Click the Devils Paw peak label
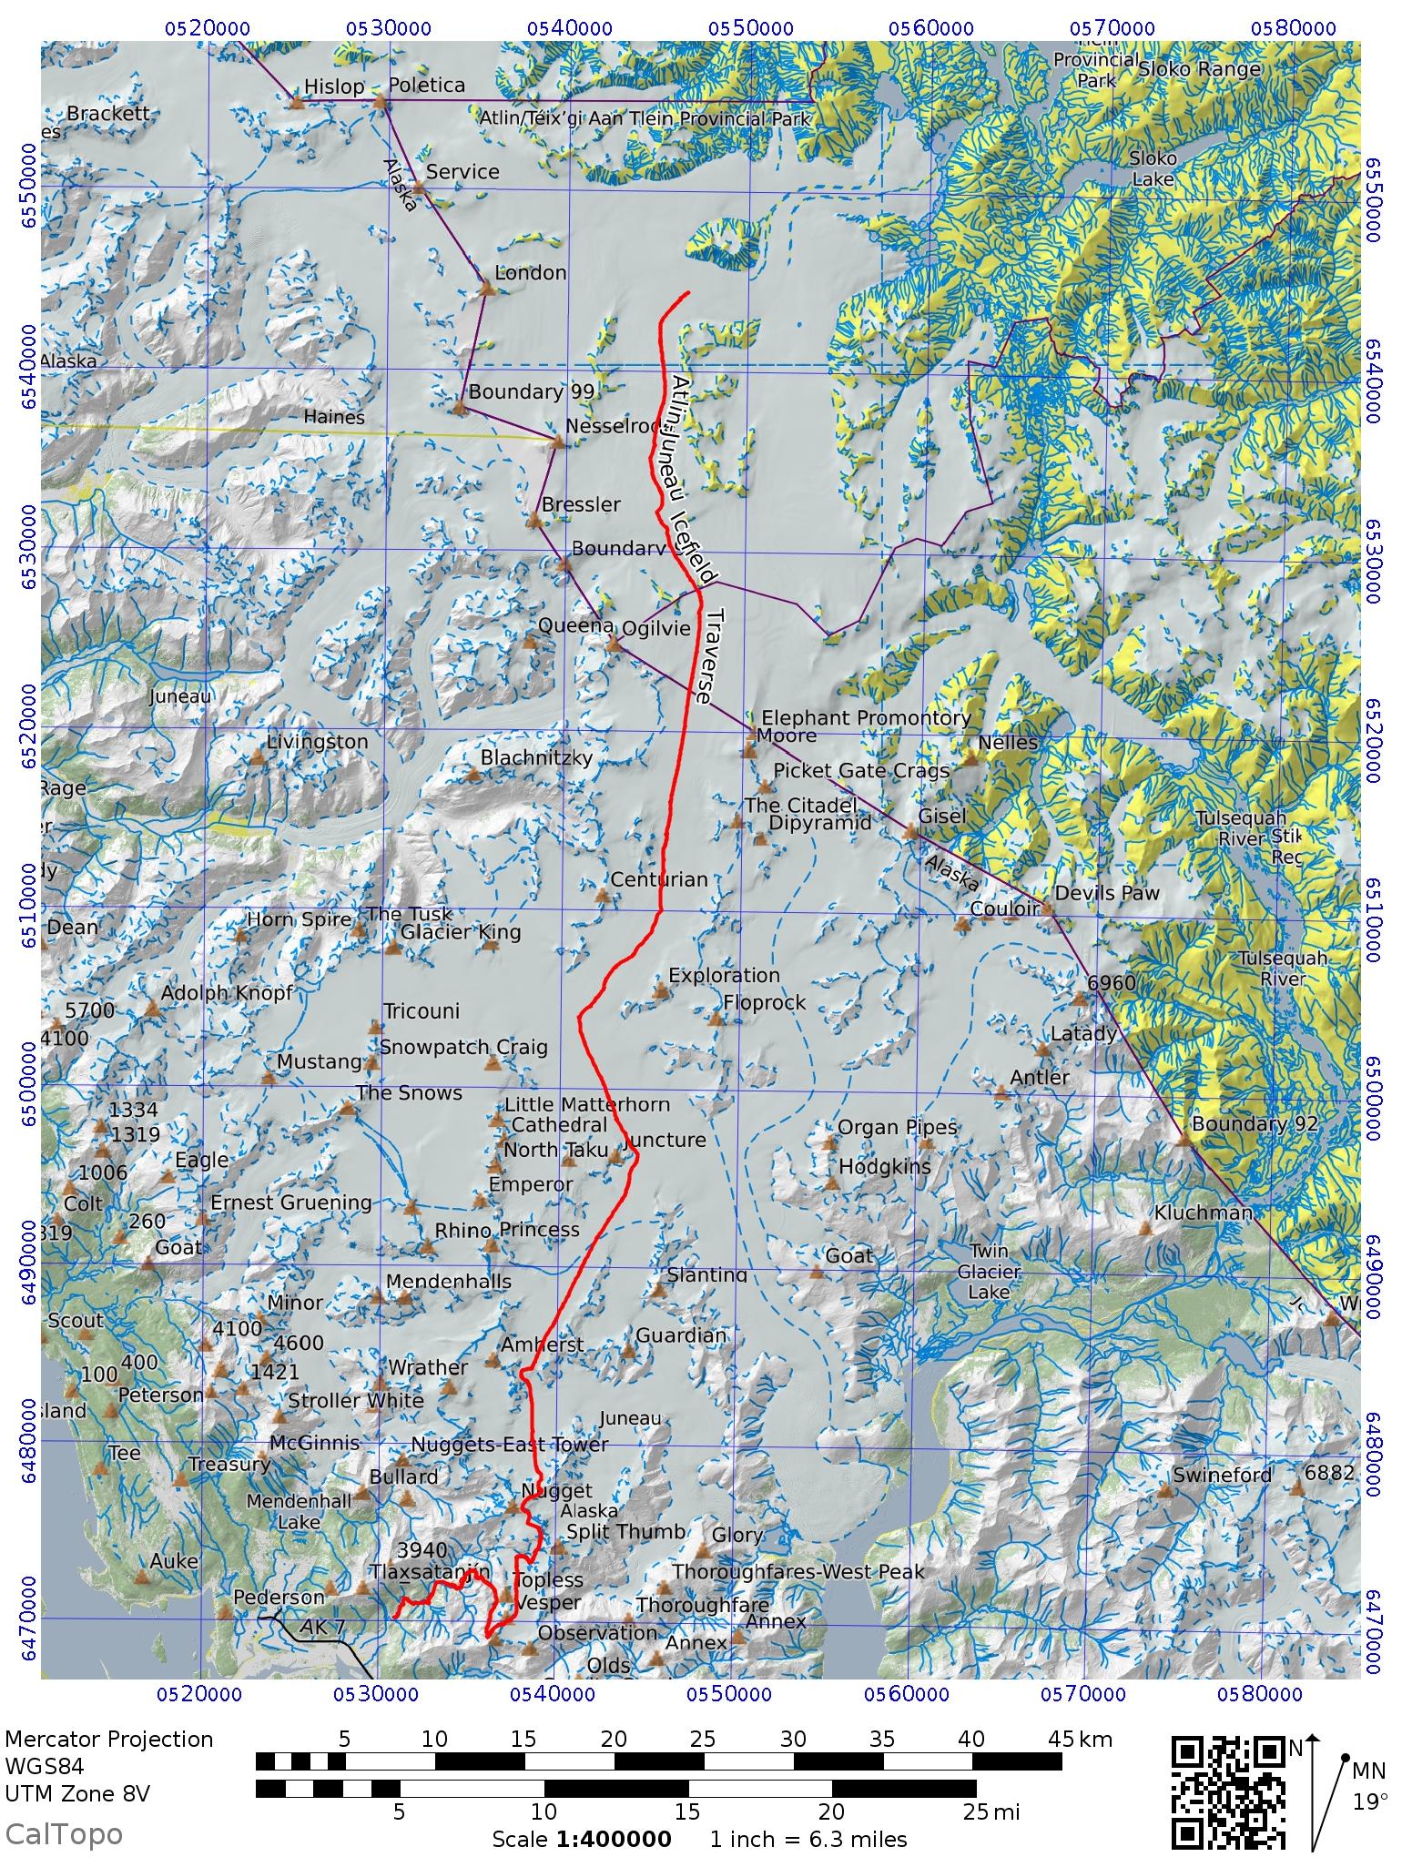[1106, 893]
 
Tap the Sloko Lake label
[1153, 168]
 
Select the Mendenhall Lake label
[298, 1511]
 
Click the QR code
[1227, 1792]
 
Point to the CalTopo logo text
[63, 1833]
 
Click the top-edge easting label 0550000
[752, 28]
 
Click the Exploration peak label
[724, 975]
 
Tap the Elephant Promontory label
[865, 717]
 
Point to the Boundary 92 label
[1254, 1123]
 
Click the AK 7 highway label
[322, 1627]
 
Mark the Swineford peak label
[1222, 1475]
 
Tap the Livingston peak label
[318, 742]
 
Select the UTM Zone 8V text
[77, 1794]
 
